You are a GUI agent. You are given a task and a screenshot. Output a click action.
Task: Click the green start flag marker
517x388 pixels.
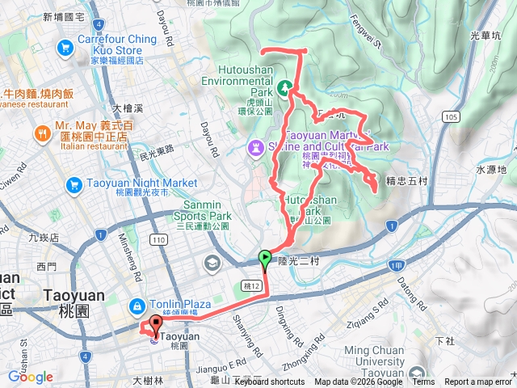point(264,259)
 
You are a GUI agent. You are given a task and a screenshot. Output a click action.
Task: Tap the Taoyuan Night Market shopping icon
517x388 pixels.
point(74,185)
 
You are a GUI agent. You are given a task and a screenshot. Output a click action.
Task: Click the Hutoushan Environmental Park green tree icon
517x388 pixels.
point(284,86)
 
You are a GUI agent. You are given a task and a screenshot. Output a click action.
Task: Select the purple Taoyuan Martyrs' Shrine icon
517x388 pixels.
point(256,147)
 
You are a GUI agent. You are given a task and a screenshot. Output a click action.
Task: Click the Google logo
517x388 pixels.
point(30,377)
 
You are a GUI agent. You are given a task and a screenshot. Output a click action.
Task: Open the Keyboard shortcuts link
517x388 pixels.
point(271,382)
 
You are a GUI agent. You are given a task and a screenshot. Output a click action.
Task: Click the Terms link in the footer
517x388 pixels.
point(422,382)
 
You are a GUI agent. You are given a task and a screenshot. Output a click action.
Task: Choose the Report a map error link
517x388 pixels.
point(477,382)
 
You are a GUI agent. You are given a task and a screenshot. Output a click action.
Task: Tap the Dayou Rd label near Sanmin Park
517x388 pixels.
point(209,140)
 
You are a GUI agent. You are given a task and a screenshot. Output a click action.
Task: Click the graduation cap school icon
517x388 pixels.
point(212,263)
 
